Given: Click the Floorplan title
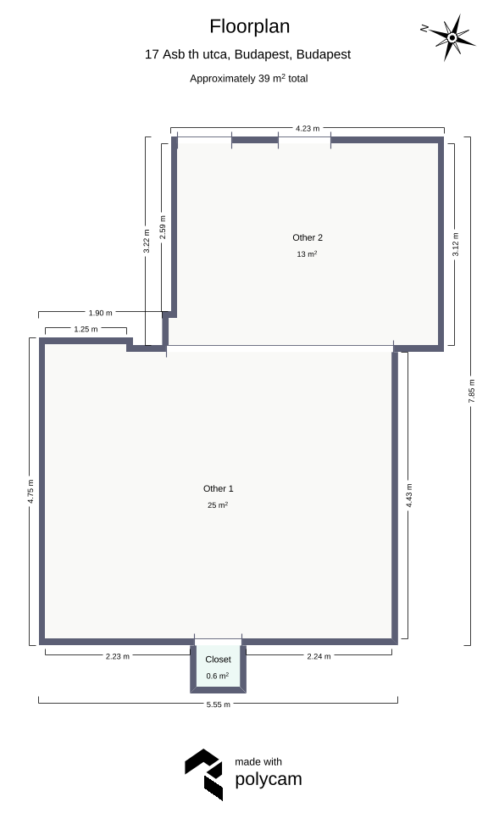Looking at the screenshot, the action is (x=249, y=26).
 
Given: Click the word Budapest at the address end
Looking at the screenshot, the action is (x=324, y=54).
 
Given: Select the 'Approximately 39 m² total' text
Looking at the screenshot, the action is (x=249, y=78).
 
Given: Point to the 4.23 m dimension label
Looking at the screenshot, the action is (x=308, y=128).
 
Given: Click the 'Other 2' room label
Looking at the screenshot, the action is (x=308, y=237).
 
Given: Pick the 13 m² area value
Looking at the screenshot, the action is (x=307, y=254).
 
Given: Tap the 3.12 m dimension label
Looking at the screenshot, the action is (x=455, y=244).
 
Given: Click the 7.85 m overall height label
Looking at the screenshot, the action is (x=471, y=391).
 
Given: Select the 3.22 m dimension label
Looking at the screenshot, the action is (x=147, y=241).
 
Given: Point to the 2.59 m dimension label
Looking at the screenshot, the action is (x=163, y=227).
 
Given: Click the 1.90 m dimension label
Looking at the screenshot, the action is (x=101, y=313).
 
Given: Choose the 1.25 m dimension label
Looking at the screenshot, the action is (x=86, y=329).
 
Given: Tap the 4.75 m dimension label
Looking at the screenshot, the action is (x=30, y=491).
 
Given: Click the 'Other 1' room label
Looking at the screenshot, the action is (x=218, y=488).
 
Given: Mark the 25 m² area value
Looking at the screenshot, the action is (x=218, y=505).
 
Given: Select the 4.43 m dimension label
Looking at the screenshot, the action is (x=409, y=496).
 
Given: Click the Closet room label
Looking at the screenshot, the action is (x=218, y=660).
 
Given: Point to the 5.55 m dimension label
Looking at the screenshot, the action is (x=218, y=704).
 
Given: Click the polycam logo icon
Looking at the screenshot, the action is (x=203, y=775).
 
